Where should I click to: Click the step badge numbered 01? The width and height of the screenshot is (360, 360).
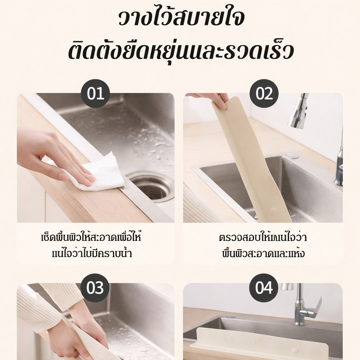click(x=95, y=94)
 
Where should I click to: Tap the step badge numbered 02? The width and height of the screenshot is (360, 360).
click(x=264, y=94)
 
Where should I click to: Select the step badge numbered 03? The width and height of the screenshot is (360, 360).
click(x=95, y=288)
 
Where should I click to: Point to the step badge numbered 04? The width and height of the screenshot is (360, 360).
click(x=264, y=288)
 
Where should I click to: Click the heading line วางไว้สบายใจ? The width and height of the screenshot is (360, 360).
click(x=182, y=18)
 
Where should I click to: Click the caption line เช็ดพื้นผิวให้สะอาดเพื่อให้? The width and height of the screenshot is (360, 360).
click(x=91, y=237)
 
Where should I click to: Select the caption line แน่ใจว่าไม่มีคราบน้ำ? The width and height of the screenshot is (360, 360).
click(x=92, y=253)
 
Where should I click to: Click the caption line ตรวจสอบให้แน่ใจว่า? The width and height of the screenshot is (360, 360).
click(x=263, y=237)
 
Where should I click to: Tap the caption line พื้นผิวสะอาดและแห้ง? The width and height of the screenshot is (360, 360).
click(x=263, y=253)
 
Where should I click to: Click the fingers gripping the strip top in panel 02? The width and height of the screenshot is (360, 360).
click(x=213, y=99)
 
